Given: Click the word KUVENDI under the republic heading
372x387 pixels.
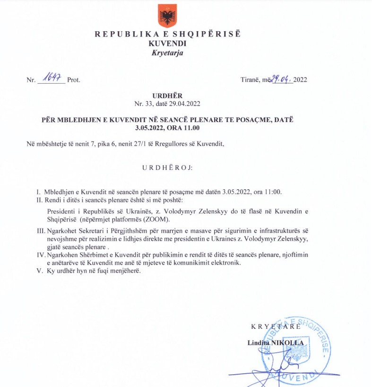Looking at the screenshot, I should point(167,43).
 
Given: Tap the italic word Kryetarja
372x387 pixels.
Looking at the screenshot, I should point(167,53).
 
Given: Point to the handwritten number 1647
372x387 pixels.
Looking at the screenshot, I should point(52,78).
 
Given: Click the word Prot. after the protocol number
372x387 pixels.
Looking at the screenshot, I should point(74,79).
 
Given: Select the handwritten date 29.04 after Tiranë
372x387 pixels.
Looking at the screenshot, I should point(281,78).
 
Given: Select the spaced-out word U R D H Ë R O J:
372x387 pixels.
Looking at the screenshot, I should point(167,168).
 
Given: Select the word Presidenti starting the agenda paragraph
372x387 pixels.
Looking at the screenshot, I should point(58,211).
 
